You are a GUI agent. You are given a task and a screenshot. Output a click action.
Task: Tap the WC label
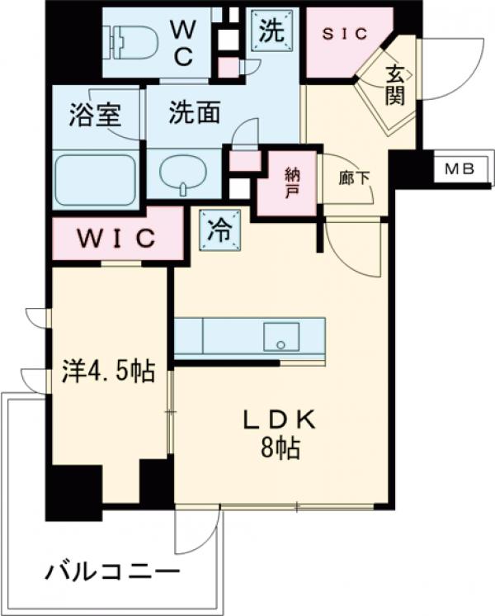click(x=182, y=42)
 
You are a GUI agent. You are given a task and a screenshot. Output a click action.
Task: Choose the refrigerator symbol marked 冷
click(x=219, y=230)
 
